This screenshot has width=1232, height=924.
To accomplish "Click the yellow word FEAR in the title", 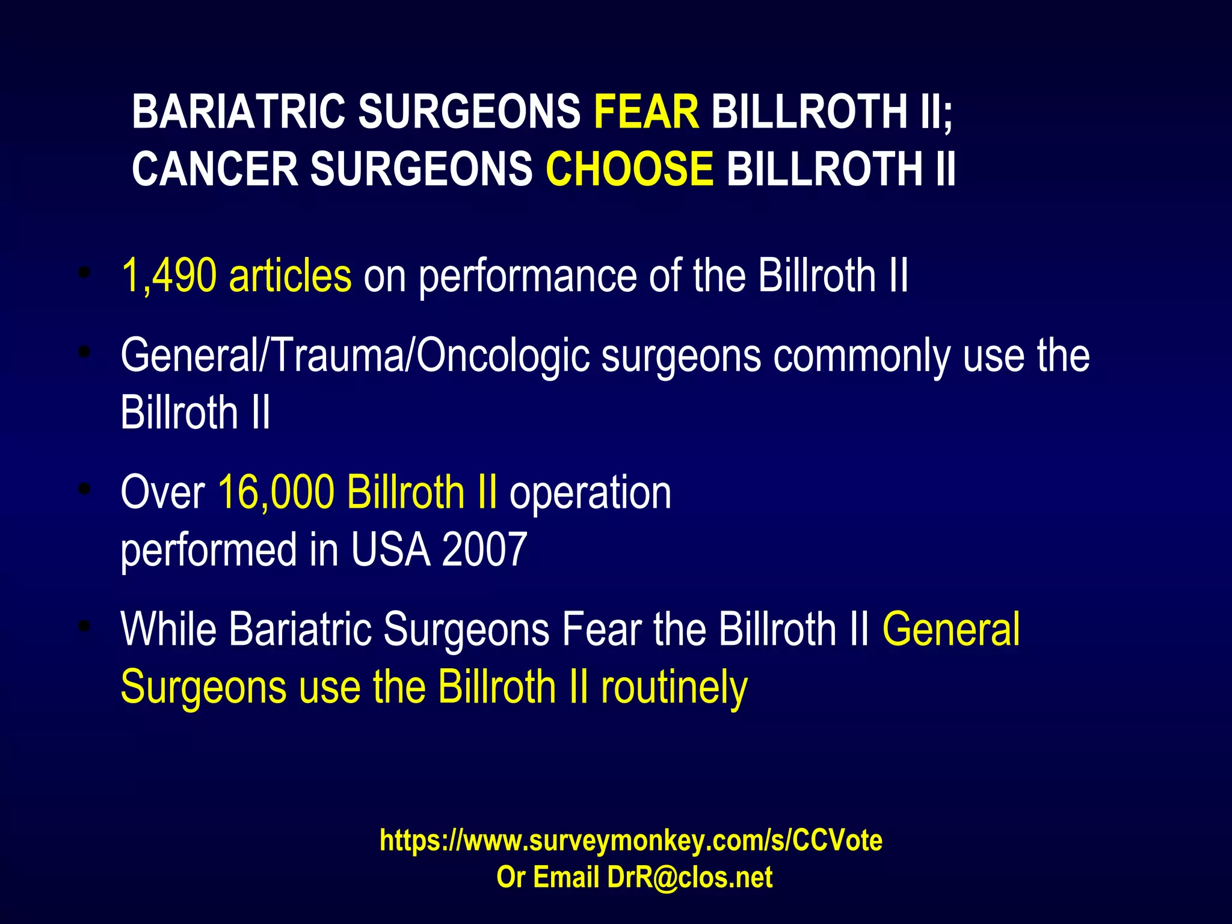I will coord(646,112).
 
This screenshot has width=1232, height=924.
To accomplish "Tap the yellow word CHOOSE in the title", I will coord(629,169).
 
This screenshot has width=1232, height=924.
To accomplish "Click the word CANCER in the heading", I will coord(215,169).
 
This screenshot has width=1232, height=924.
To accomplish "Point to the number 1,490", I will coord(168,276).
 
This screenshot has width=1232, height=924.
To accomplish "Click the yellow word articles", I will coord(290,276).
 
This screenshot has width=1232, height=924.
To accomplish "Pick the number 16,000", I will coord(276,493).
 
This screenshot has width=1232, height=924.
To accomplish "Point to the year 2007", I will coord(484,550).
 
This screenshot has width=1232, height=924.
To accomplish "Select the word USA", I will coord(390,550).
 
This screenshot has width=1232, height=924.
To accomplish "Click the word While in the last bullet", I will coord(168,629).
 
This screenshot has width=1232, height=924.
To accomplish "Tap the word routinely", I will coord(674,688).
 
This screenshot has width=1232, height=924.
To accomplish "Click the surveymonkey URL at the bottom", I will coord(630,840).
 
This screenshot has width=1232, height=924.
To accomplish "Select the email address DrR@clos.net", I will coord(689,877).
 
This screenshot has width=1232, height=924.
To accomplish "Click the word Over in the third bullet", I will coord(162,493).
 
